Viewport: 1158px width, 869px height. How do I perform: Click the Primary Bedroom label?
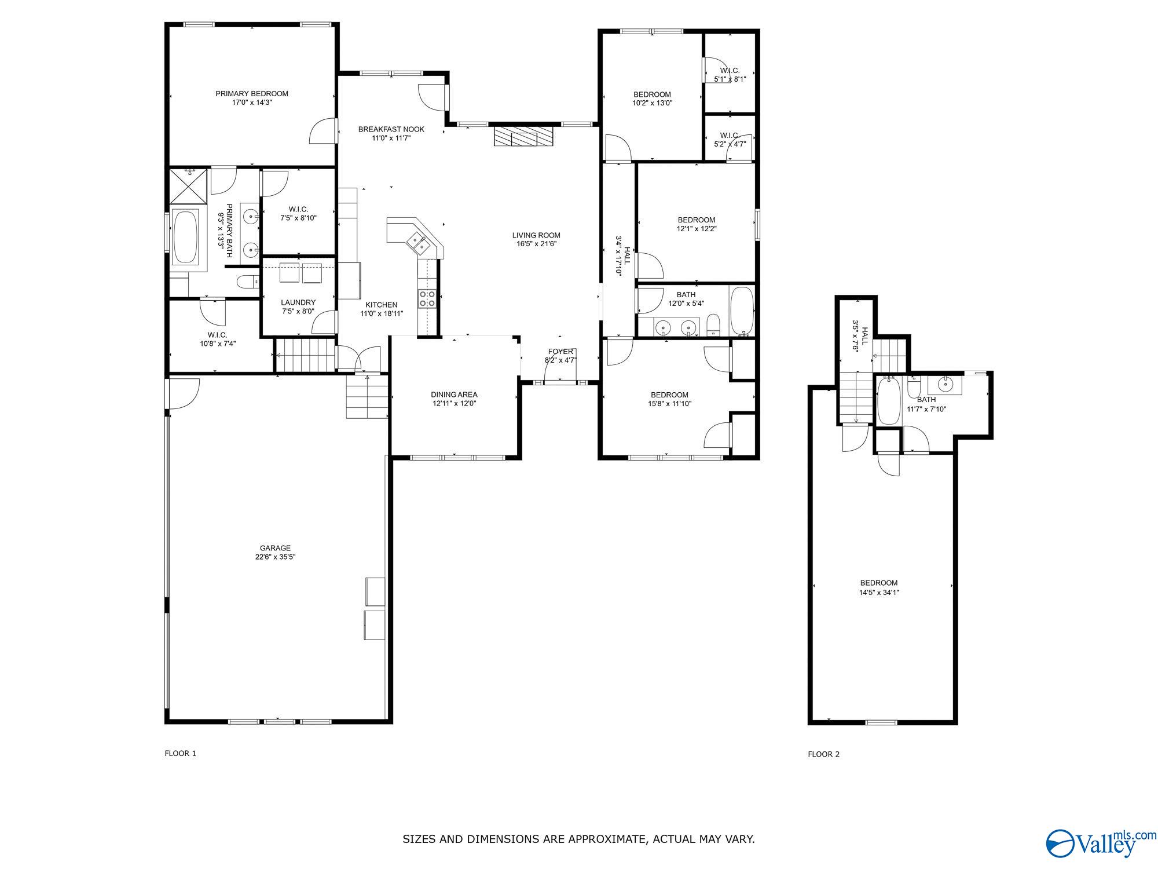coord(252,94)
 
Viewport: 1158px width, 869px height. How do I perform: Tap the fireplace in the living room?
coord(524,137)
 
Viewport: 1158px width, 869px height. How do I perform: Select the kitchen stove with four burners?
coord(427,299)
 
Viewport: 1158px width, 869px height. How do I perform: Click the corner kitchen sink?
coord(419,243)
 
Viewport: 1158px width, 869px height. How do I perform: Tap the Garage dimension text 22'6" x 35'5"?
coord(275,557)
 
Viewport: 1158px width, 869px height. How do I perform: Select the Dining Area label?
coord(454,395)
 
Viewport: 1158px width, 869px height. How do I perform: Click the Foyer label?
coord(560,352)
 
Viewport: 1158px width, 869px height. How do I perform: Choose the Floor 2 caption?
coord(823,754)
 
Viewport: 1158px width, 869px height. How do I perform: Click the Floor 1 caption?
coord(181,753)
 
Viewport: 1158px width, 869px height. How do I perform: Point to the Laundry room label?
coord(298,302)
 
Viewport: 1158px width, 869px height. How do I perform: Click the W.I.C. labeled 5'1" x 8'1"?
coord(730,75)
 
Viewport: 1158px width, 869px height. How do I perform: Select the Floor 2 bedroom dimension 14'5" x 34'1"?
coord(878,592)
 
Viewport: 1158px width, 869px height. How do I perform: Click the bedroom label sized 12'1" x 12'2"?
coord(697,220)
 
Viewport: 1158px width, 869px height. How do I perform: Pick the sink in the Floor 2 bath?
coord(945,384)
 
